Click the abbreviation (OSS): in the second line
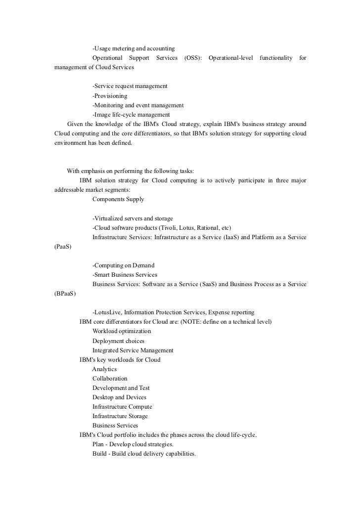[193, 58]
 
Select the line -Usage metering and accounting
[134, 49]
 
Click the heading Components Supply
[118, 199]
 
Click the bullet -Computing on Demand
[123, 265]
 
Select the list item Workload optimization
[122, 331]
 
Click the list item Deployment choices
[118, 340]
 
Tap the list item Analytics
[104, 369]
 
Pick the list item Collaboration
[110, 378]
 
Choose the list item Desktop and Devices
[119, 397]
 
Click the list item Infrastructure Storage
[120, 416]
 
